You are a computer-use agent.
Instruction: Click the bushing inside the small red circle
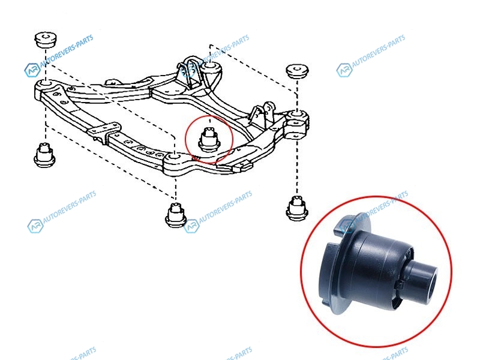pos(209,140)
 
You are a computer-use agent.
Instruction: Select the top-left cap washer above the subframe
pos(46,39)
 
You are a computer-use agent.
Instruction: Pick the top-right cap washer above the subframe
pos(297,71)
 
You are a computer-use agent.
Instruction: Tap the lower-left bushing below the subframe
pos(44,155)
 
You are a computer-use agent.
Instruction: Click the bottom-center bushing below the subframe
pos(176,215)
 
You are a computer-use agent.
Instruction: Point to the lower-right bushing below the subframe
pos(296,208)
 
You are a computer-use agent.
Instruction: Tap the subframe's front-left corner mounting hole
pos(46,83)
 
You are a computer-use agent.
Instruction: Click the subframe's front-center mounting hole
pos(175,157)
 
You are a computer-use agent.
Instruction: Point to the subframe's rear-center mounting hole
pos(209,66)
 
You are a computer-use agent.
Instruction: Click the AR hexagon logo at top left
pos(32,70)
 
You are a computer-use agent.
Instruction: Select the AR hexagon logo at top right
pos(344,70)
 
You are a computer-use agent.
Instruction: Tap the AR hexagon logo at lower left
pos(35,226)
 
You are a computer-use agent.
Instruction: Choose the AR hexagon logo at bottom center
pos(191,226)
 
